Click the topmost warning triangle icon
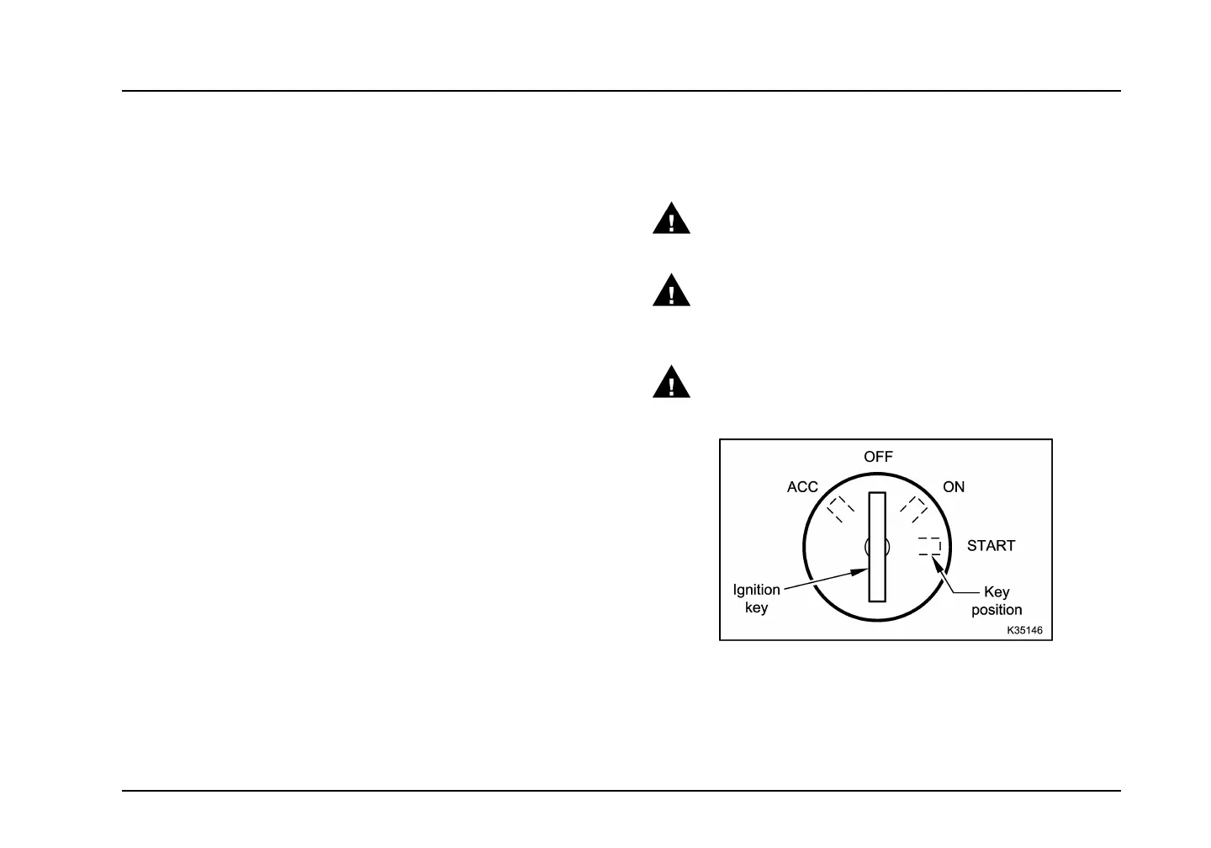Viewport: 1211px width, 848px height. click(671, 220)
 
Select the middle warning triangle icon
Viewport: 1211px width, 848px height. click(671, 291)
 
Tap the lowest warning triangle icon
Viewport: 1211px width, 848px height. click(671, 383)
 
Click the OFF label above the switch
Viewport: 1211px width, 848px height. click(878, 457)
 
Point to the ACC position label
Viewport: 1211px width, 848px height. click(802, 487)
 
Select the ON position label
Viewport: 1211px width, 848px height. click(954, 487)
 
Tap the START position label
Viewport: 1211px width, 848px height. click(991, 546)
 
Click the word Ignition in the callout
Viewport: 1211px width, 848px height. click(757, 590)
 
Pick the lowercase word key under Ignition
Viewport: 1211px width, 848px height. click(757, 607)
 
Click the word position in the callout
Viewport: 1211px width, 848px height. click(997, 610)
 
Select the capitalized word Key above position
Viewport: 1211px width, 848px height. click(997, 592)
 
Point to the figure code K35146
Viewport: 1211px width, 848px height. click(1030, 630)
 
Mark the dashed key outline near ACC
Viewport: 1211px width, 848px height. click(840, 509)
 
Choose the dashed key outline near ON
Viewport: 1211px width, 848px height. click(913, 509)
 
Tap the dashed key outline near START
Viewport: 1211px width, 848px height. click(929, 546)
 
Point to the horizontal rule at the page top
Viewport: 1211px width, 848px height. click(621, 91)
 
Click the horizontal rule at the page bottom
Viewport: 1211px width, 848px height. click(621, 790)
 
